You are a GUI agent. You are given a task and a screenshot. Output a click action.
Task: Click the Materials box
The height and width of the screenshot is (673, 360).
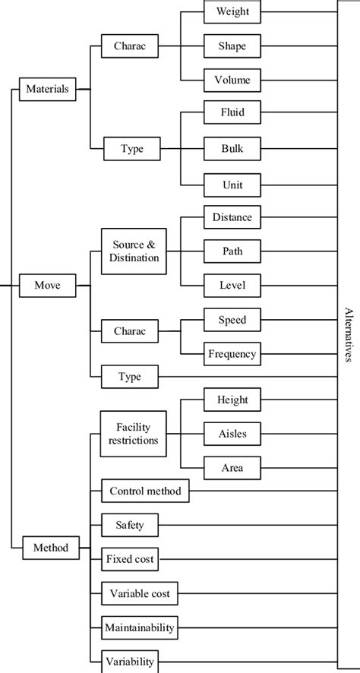click(x=47, y=89)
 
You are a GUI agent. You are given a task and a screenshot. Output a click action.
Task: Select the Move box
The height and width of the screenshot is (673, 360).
click(x=47, y=286)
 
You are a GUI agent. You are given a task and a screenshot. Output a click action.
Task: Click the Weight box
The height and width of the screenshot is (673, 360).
click(x=232, y=12)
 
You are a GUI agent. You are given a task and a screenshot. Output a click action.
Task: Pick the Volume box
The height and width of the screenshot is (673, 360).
click(x=232, y=80)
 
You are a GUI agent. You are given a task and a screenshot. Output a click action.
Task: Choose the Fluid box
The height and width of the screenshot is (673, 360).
click(x=232, y=114)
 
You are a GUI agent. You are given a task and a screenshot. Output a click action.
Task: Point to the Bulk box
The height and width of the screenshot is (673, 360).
click(x=232, y=148)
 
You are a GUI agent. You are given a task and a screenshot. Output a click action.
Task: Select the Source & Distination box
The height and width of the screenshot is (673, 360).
click(x=134, y=251)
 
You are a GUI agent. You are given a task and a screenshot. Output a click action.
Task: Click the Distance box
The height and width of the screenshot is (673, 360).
click(x=232, y=217)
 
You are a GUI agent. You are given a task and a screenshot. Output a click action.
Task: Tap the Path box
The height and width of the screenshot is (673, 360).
click(x=232, y=251)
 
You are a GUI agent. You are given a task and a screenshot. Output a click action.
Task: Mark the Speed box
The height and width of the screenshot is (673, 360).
click(x=232, y=320)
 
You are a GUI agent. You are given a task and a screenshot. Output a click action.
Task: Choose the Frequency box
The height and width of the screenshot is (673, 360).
click(x=232, y=354)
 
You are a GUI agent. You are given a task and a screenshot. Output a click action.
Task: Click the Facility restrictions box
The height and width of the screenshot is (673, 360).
click(x=134, y=434)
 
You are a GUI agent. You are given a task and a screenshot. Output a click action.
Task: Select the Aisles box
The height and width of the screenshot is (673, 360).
click(x=232, y=434)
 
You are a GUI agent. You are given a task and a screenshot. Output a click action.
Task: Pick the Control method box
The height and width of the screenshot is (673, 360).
click(x=145, y=491)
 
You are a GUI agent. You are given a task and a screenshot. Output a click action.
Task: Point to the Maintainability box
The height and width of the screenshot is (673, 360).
click(x=140, y=627)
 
